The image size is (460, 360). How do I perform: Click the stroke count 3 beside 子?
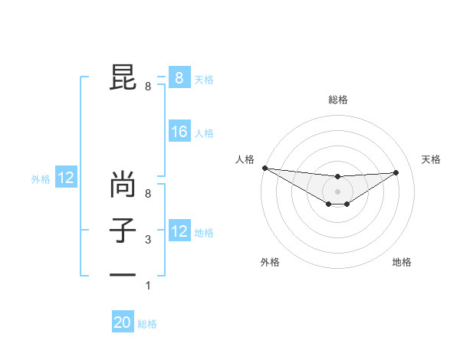pyautogui.click(x=148, y=240)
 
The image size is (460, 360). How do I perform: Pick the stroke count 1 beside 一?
pyautogui.click(x=148, y=286)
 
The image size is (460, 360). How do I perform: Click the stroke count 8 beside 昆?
pyautogui.click(x=148, y=87)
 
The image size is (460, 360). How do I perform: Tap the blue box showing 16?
pyautogui.click(x=179, y=132)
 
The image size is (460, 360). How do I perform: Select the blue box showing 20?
pyautogui.click(x=123, y=322)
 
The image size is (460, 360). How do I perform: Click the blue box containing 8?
pyautogui.click(x=179, y=78)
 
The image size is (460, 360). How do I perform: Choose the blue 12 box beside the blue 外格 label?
pyautogui.click(x=66, y=178)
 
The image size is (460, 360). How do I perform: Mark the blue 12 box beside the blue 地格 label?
pyautogui.click(x=179, y=231)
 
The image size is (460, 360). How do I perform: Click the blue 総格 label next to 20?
pyautogui.click(x=147, y=324)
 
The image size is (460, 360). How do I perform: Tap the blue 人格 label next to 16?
pyautogui.click(x=204, y=133)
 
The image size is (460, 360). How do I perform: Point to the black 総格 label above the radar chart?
pyautogui.click(x=337, y=100)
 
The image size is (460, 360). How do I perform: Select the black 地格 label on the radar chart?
pyautogui.click(x=402, y=262)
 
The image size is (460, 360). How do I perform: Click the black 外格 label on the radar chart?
pyautogui.click(x=270, y=262)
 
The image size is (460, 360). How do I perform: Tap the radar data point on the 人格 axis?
pyautogui.click(x=264, y=168)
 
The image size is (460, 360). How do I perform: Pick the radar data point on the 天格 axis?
pyautogui.click(x=396, y=172)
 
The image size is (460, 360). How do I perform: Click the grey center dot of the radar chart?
pyautogui.click(x=337, y=191)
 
